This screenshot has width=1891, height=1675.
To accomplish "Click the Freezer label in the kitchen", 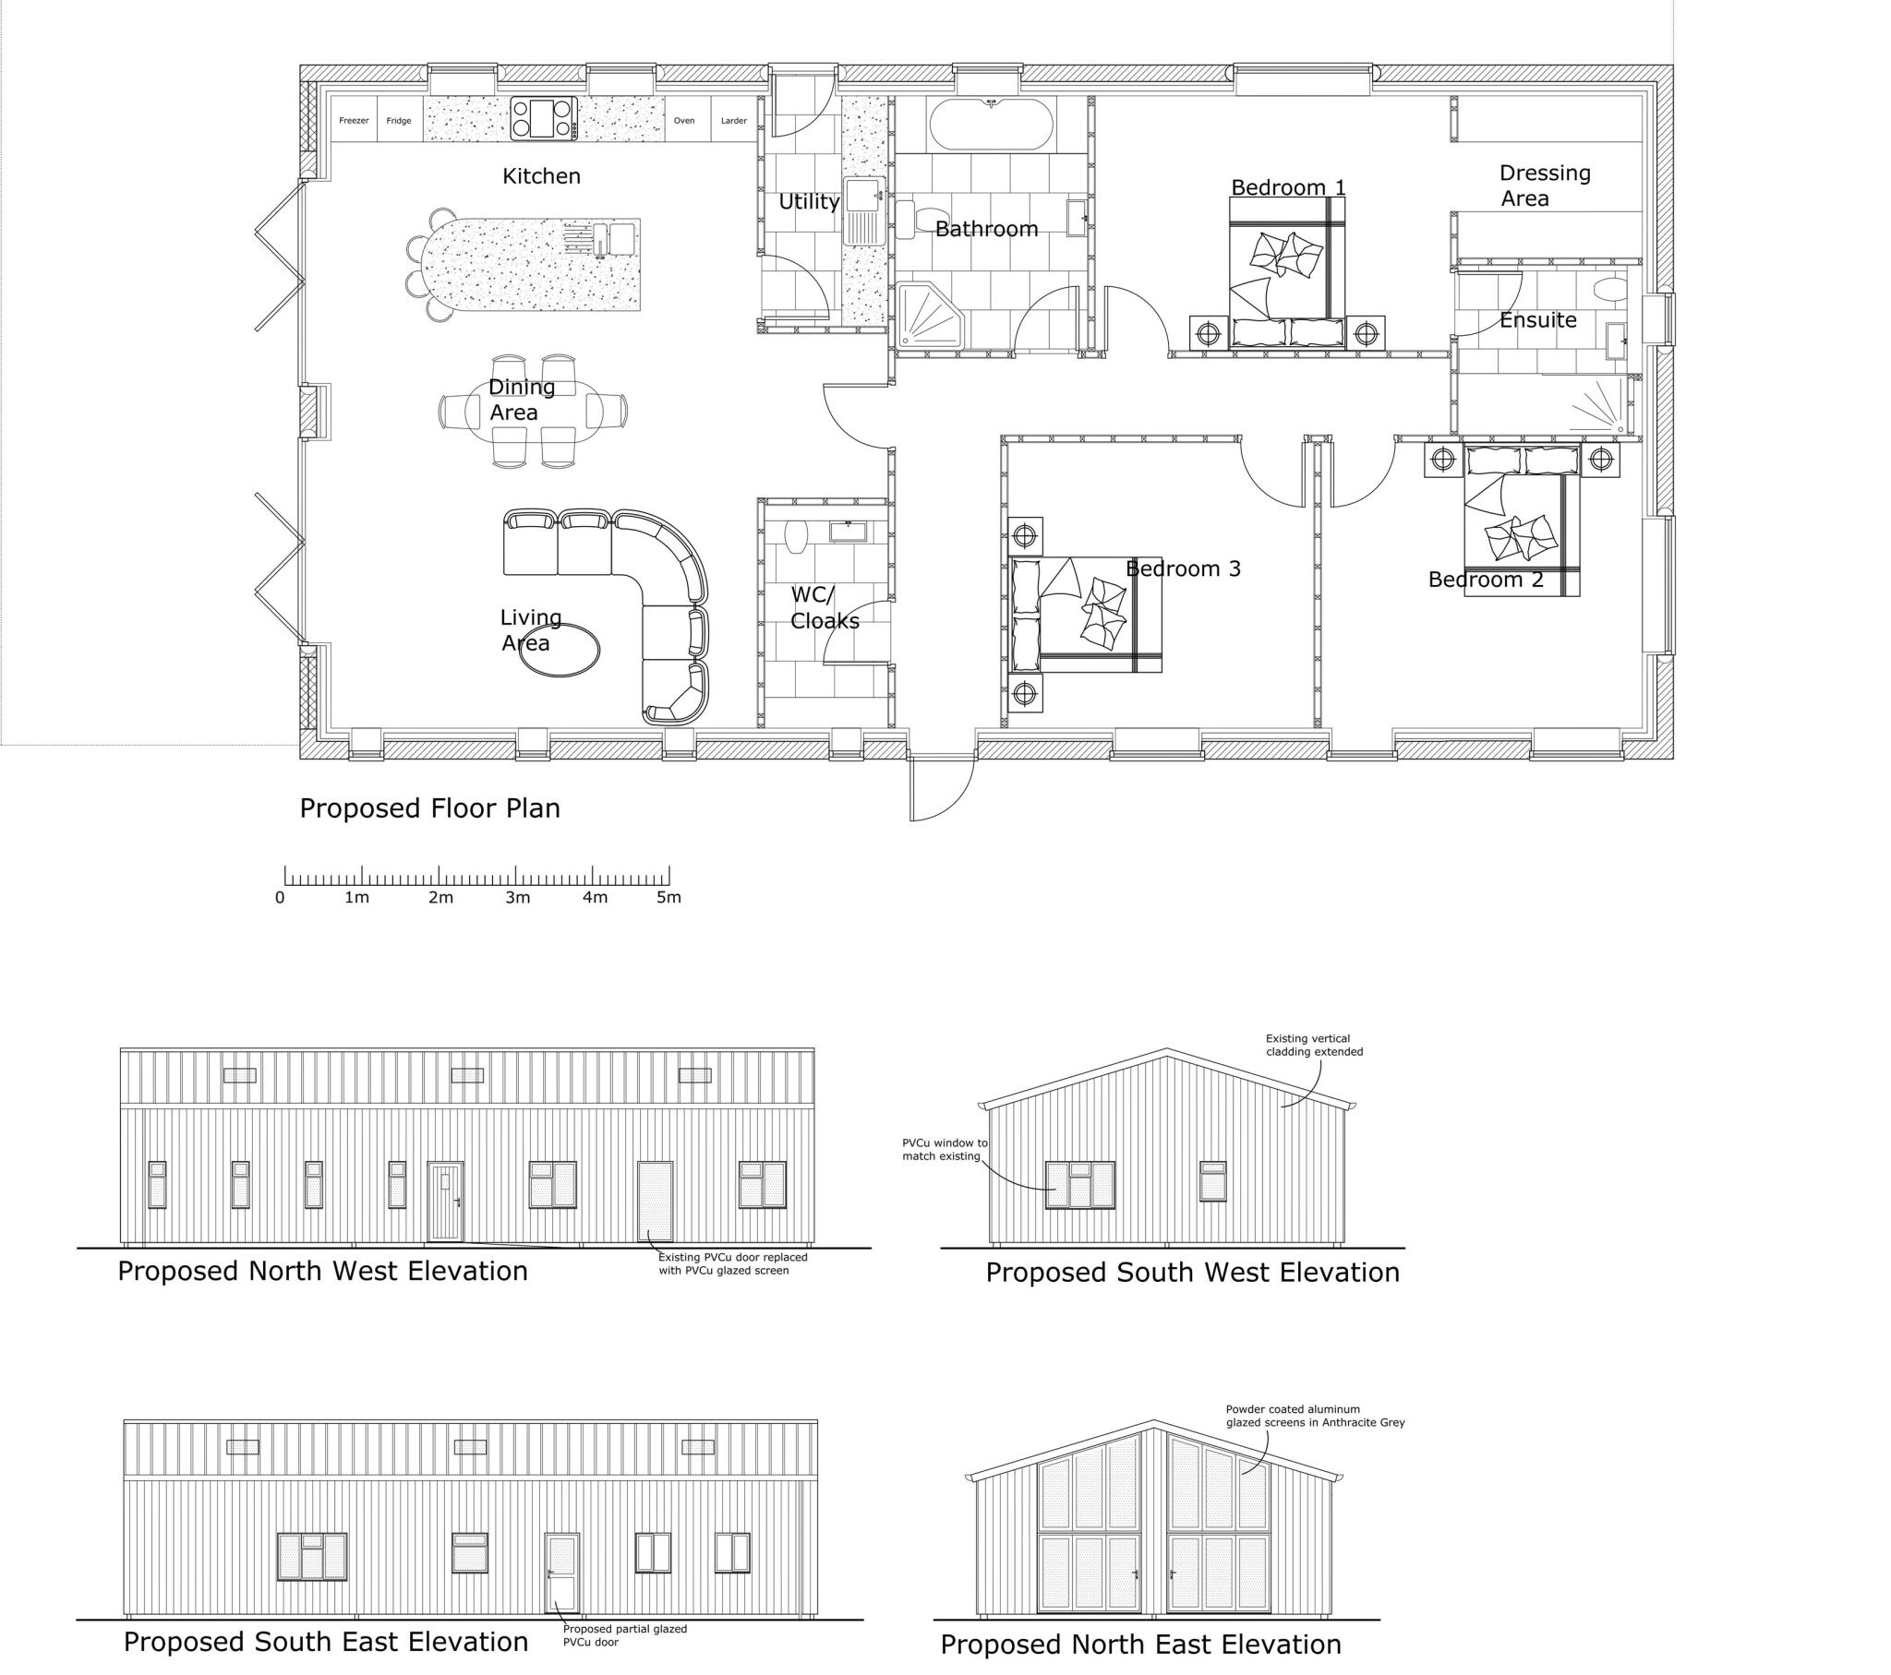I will pyautogui.click(x=354, y=121).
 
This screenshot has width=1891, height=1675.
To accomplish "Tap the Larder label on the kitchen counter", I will pyautogui.click(x=734, y=121).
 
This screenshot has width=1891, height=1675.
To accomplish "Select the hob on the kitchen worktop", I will pyautogui.click(x=544, y=119).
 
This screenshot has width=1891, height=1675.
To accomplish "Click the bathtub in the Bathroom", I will pyautogui.click(x=990, y=125).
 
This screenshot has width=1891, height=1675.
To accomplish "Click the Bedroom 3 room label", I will pyautogui.click(x=1183, y=568).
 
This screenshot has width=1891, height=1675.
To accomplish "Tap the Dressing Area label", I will pyautogui.click(x=1543, y=185).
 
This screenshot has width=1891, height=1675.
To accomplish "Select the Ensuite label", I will pyautogui.click(x=1537, y=321).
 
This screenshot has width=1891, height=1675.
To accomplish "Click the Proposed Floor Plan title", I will pyautogui.click(x=429, y=808).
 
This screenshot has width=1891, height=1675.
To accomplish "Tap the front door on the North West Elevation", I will pyautogui.click(x=445, y=1202).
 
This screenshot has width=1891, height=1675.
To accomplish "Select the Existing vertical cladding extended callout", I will pyautogui.click(x=1314, y=1045).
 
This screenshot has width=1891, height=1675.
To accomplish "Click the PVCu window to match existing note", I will pyautogui.click(x=945, y=1150).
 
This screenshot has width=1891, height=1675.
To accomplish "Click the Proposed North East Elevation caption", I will pyautogui.click(x=1139, y=1645).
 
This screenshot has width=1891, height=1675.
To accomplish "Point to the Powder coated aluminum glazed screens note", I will pyautogui.click(x=1315, y=1416).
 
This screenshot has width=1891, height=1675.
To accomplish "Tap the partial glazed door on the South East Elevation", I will pyautogui.click(x=561, y=1573).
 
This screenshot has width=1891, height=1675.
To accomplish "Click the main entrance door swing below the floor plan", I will pyautogui.click(x=942, y=786).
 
